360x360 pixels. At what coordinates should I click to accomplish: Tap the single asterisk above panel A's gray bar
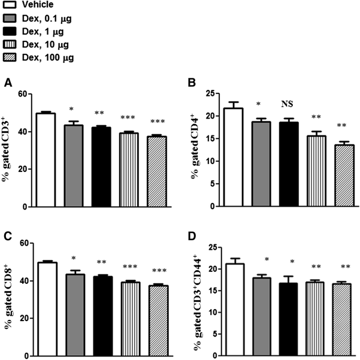(72, 110)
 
